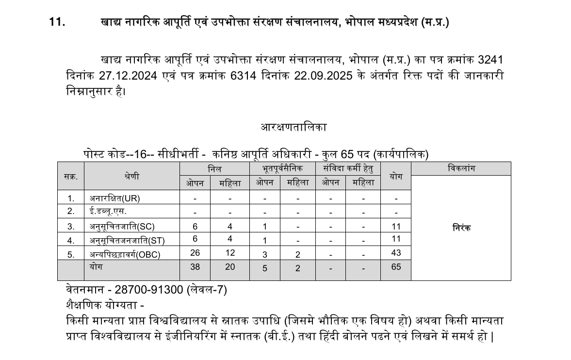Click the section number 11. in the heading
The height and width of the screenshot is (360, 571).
pyautogui.click(x=57, y=22)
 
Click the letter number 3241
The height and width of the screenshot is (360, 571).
pyautogui.click(x=490, y=60)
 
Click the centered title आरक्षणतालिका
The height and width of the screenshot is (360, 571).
pyautogui.click(x=294, y=127)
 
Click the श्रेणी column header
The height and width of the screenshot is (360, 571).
pyautogui.click(x=131, y=176)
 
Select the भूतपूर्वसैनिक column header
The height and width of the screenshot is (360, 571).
pyautogui.click(x=282, y=168)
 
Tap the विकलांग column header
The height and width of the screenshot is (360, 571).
pyautogui.click(x=461, y=168)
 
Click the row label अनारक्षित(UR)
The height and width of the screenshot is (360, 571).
pyautogui.click(x=115, y=198)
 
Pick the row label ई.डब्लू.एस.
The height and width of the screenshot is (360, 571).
pyautogui.click(x=108, y=212)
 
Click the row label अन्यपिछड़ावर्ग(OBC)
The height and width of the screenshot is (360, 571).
pyautogui.click(x=125, y=254)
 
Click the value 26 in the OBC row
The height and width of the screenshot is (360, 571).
pyautogui.click(x=195, y=253)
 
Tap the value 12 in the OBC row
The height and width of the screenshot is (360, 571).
pyautogui.click(x=230, y=253)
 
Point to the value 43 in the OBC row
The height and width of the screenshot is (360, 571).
pyautogui.click(x=396, y=253)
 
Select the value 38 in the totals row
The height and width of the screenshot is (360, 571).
pyautogui.click(x=195, y=267)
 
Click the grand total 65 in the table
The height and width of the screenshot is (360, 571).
pyautogui.click(x=396, y=267)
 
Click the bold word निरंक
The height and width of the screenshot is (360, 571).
pyautogui.click(x=461, y=228)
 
